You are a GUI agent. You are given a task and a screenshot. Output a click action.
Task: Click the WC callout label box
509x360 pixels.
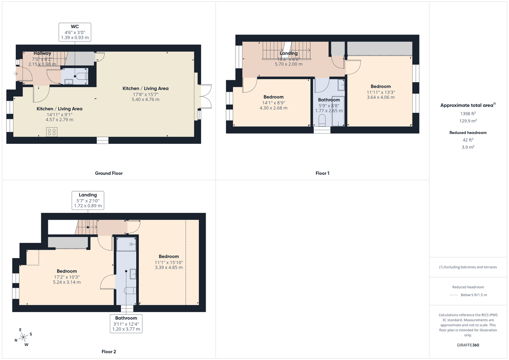click(x=75, y=32)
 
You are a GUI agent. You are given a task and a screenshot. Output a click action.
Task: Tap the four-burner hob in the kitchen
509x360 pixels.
click(x=52, y=132)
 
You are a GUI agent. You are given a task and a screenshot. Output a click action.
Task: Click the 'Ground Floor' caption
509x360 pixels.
click(x=109, y=173)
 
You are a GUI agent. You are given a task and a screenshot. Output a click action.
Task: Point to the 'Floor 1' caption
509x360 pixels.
click(x=322, y=173)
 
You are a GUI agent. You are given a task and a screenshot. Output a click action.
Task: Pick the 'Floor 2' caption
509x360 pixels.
click(x=109, y=352)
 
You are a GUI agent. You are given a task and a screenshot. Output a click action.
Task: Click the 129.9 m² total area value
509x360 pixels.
click(x=468, y=120)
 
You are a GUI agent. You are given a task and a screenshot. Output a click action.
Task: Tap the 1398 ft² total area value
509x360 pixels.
click(x=468, y=114)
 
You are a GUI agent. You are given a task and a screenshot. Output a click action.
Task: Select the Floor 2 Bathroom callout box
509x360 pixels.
click(x=126, y=323)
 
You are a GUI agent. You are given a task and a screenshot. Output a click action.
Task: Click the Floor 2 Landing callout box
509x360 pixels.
click(x=88, y=200)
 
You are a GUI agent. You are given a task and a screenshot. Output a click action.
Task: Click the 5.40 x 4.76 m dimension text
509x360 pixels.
click(x=145, y=100)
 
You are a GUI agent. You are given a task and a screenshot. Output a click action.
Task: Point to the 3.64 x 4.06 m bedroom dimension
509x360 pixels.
click(x=380, y=97)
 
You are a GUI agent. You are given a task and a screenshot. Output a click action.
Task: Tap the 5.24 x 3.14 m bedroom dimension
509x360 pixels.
click(x=67, y=282)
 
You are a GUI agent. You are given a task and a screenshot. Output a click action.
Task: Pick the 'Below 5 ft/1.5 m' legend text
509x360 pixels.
click(x=474, y=295)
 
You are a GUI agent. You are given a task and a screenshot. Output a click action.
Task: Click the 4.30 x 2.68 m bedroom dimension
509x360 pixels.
click(x=273, y=108)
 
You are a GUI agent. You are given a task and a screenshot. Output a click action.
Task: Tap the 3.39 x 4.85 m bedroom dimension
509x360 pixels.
click(x=168, y=268)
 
